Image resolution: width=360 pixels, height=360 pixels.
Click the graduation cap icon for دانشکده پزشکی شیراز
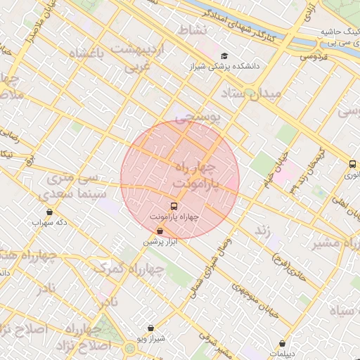coord(224,56)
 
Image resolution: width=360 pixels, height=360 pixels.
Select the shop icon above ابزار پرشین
coord(160,231)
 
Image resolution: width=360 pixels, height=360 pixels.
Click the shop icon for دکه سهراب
coord(49,212)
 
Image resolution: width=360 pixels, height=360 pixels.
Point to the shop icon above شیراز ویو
coord(151,328)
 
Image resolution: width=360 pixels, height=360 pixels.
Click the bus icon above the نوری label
coord(352,164)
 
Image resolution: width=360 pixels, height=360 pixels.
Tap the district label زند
coord(263,230)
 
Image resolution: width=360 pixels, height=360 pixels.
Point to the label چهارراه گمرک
coord(123,269)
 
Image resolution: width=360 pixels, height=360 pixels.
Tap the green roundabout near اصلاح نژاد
coord(130,347)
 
